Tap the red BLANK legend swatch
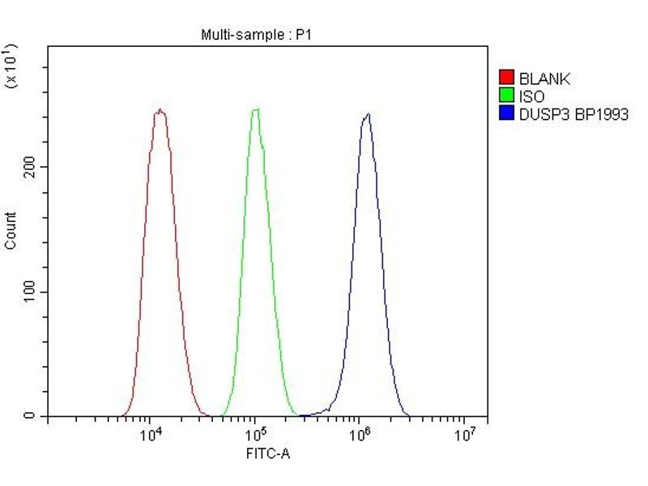(507, 79)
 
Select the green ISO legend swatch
(507, 96)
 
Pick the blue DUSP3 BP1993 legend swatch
(507, 114)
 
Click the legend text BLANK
(544, 79)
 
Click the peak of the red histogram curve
(160, 110)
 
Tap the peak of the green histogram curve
(255, 109)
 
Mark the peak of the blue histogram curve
(368, 114)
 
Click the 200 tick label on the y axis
(30, 167)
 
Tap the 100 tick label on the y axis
(30, 292)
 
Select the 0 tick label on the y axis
(30, 416)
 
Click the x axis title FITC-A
(267, 454)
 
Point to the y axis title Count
(11, 230)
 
